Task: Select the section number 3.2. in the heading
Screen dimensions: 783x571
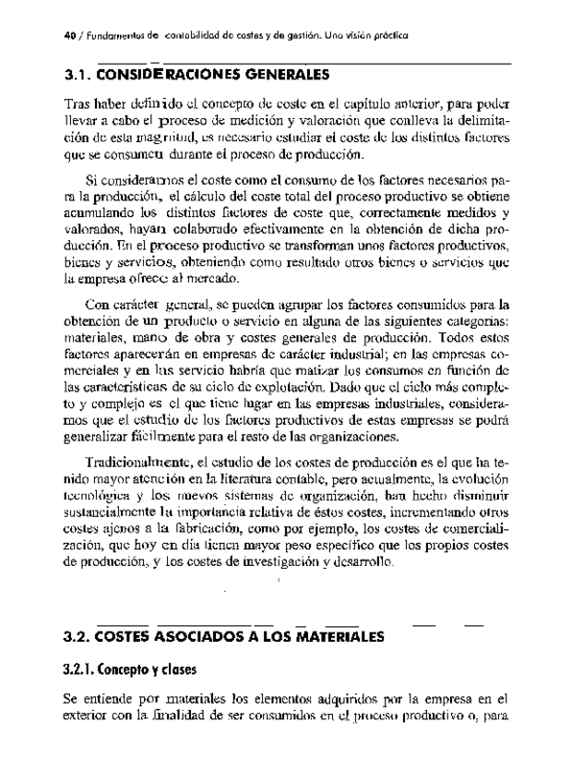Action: (x=76, y=637)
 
